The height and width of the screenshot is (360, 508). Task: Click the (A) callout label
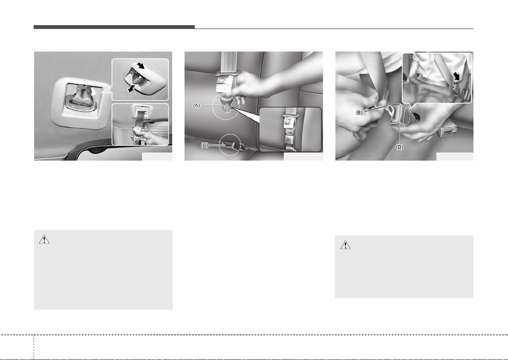click(x=196, y=106)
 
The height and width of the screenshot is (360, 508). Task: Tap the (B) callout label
click(x=359, y=113)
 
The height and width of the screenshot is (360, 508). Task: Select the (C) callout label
click(x=205, y=145)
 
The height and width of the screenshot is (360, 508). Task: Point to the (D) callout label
click(x=400, y=147)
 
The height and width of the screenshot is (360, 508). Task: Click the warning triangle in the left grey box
click(x=44, y=239)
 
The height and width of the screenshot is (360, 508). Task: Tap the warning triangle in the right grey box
click(x=345, y=245)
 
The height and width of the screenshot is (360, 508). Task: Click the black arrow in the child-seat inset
click(x=457, y=76)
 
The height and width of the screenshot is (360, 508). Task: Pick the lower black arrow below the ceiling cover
click(x=131, y=89)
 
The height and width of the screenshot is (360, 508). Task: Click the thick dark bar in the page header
click(x=114, y=27)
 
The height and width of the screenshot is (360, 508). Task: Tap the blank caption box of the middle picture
click(x=303, y=156)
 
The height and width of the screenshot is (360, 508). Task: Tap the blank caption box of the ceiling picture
click(x=157, y=156)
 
